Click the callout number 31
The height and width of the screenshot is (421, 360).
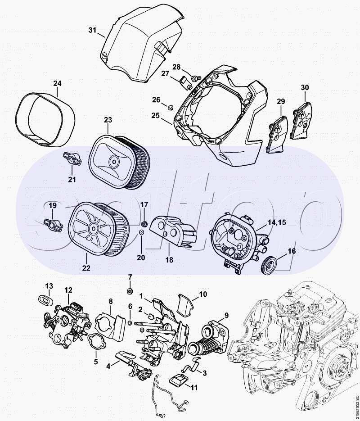(92, 30)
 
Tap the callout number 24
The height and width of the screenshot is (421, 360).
(57, 83)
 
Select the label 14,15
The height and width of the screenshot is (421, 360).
(277, 222)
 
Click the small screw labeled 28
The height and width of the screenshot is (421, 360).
(196, 78)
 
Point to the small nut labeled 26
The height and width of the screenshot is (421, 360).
(170, 108)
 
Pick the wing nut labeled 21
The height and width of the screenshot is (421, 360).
(72, 159)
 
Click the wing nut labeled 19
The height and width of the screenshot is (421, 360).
(53, 225)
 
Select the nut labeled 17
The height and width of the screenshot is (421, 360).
(144, 224)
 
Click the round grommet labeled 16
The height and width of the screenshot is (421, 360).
(268, 266)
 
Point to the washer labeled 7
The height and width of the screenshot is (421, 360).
(130, 291)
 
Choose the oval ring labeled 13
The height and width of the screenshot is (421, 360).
(45, 300)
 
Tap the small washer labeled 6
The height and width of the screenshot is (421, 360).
(130, 322)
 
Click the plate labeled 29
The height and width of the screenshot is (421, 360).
(277, 134)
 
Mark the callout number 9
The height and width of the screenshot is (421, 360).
(226, 315)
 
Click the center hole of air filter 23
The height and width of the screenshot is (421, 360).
(114, 161)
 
